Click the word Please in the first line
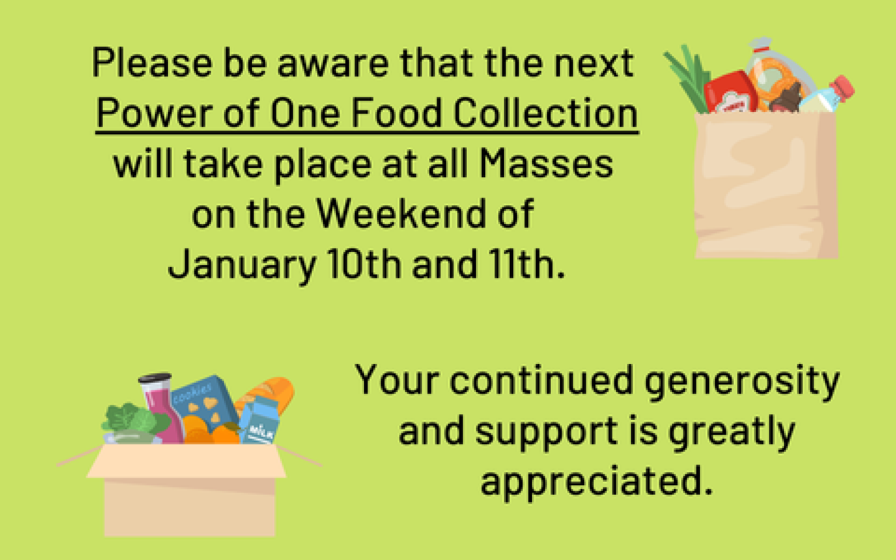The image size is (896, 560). [152, 63]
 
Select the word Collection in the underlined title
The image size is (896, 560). [545, 113]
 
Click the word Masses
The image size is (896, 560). [546, 164]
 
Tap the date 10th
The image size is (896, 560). [365, 263]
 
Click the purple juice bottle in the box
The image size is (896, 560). [162, 410]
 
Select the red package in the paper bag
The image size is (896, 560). [730, 92]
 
